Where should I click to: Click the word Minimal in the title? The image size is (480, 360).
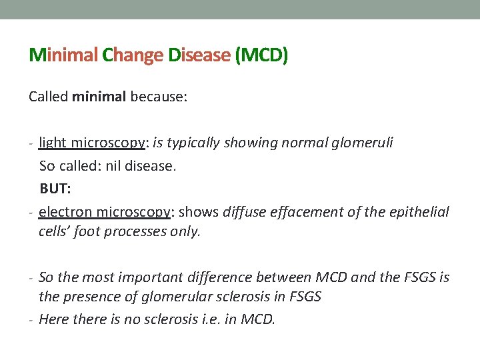[x=63, y=55]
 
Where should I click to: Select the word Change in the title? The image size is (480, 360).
[x=132, y=55]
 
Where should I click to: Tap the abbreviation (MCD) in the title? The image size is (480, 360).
[x=261, y=55]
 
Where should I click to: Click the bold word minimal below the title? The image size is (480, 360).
[x=99, y=97]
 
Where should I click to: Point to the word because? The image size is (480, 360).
[x=159, y=97]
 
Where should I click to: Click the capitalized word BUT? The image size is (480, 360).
[x=55, y=189]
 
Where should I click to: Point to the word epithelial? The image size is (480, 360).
[x=419, y=212]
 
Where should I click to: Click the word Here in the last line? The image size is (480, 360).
[x=53, y=319]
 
